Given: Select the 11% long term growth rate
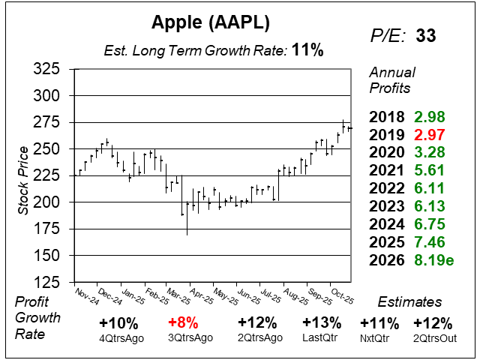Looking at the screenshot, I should click(308, 51).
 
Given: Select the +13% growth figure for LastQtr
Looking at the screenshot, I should click(322, 323).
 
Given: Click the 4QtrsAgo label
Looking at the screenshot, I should click(118, 337).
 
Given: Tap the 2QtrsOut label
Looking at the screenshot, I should click(433, 337).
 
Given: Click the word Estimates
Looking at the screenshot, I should click(409, 302).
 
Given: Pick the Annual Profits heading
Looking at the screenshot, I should click(390, 79).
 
